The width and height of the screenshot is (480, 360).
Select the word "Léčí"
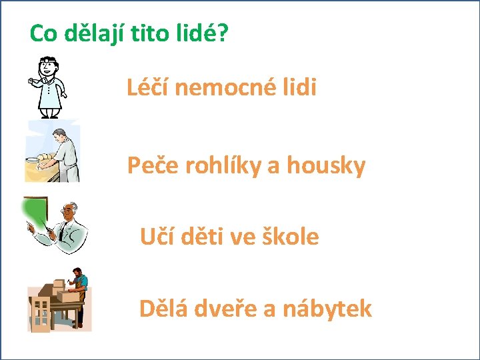[x=147, y=86]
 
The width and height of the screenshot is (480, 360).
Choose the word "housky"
[x=326, y=166]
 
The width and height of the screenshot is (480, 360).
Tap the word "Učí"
[x=157, y=236]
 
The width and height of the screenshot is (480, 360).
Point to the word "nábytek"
[x=327, y=309]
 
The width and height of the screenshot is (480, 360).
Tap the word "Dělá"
[x=163, y=307]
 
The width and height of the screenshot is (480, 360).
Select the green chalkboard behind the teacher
[x=35, y=212]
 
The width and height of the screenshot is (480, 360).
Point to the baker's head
[x=60, y=135]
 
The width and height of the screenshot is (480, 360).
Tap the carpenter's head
[x=77, y=273]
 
